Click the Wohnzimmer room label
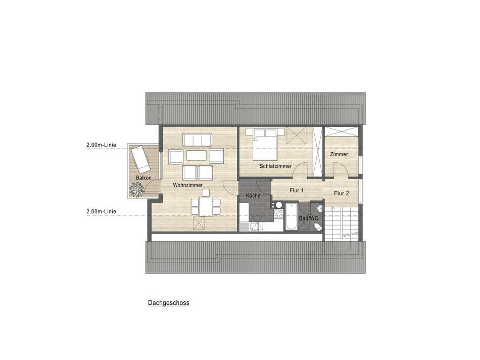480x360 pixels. (x=187, y=185)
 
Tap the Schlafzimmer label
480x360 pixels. (x=275, y=166)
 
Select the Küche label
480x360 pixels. (x=253, y=196)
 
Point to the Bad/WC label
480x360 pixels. (x=309, y=218)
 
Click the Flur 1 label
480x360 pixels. (x=296, y=190)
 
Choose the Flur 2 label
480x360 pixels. (x=342, y=193)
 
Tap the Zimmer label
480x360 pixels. (x=339, y=154)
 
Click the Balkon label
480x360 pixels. (x=143, y=178)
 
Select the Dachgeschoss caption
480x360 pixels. (x=169, y=303)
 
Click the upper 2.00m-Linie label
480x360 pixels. (x=102, y=145)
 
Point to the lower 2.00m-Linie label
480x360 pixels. (x=102, y=211)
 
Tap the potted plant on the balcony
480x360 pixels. (x=136, y=189)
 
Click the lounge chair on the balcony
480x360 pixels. (x=140, y=159)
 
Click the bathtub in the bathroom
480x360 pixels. (x=291, y=216)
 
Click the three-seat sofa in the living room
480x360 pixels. (x=198, y=140)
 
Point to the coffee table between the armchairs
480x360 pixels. (x=196, y=155)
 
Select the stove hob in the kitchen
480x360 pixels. (x=278, y=213)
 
